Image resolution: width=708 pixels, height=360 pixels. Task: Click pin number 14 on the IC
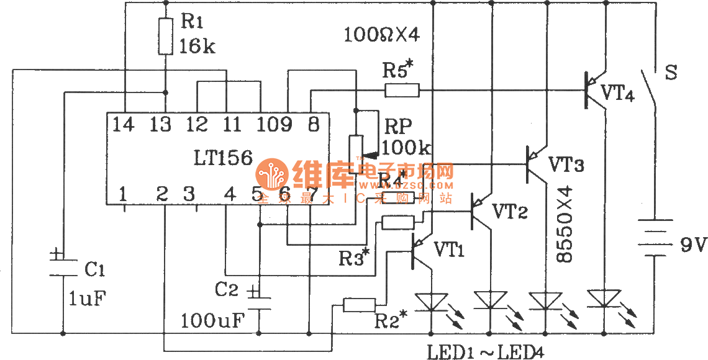[124, 125]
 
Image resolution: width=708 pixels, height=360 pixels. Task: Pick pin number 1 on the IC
[124, 195]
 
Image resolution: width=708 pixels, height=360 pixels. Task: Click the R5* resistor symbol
[402, 91]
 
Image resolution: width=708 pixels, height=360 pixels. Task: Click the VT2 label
[511, 211]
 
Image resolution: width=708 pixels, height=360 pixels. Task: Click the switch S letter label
[670, 72]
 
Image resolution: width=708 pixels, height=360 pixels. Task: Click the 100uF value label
[213, 321]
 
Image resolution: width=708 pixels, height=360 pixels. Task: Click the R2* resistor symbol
[360, 304]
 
